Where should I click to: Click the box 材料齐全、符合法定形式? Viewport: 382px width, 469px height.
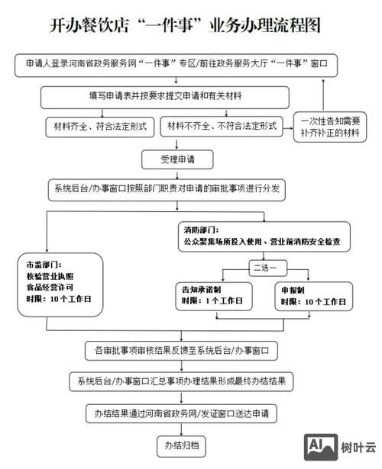click(x=99, y=125)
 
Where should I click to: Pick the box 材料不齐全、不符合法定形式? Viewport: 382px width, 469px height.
click(x=222, y=125)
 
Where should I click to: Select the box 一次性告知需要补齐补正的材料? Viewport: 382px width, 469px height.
click(x=329, y=127)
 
